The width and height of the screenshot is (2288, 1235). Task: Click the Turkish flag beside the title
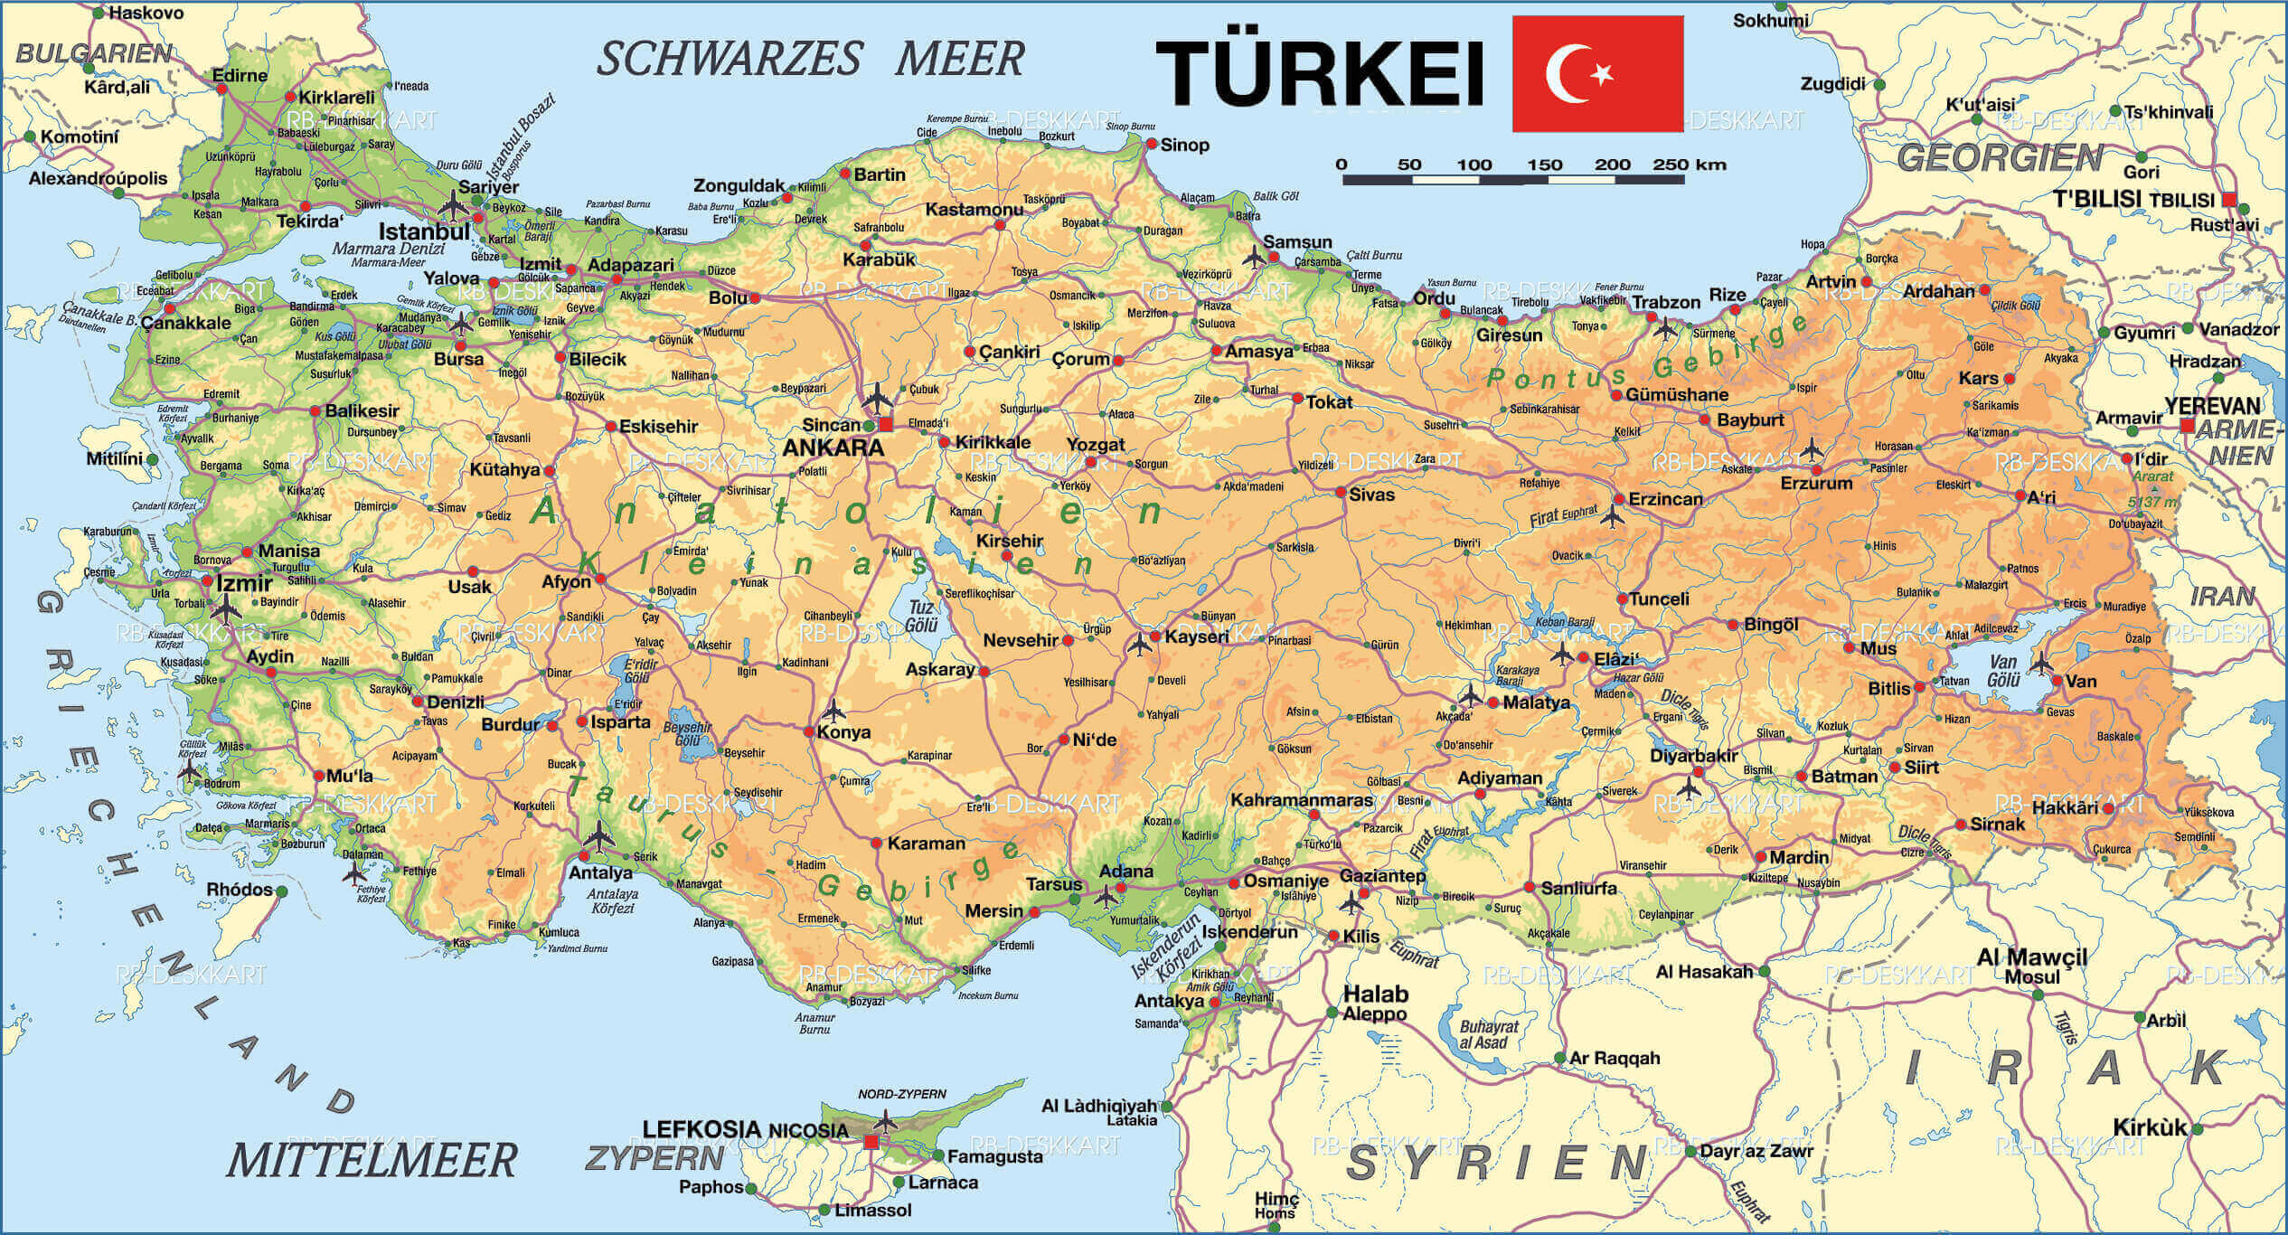1597,73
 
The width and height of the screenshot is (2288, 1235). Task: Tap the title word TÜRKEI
1320,74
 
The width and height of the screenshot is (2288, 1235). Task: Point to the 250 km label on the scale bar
1690,165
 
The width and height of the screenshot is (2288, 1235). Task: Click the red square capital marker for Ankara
886,424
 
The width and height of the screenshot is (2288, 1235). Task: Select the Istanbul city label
424,231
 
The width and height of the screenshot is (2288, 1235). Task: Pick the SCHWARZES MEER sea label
810,60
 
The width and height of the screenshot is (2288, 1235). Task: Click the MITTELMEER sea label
372,1160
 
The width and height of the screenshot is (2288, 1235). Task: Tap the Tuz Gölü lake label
921,617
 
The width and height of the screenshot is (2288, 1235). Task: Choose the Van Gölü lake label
2003,672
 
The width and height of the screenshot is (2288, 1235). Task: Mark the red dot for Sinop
1151,144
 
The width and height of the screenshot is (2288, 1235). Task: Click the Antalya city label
600,873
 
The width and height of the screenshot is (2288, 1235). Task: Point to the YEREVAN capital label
2212,406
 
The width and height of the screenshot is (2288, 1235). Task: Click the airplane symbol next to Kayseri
1140,644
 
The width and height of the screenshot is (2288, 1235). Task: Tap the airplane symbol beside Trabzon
1664,328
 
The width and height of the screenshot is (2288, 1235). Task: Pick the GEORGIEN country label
2000,158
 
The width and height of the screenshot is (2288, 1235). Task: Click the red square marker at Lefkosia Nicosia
871,1142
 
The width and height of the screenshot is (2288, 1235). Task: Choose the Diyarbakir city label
1694,756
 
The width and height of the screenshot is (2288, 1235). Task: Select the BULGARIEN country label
94,53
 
